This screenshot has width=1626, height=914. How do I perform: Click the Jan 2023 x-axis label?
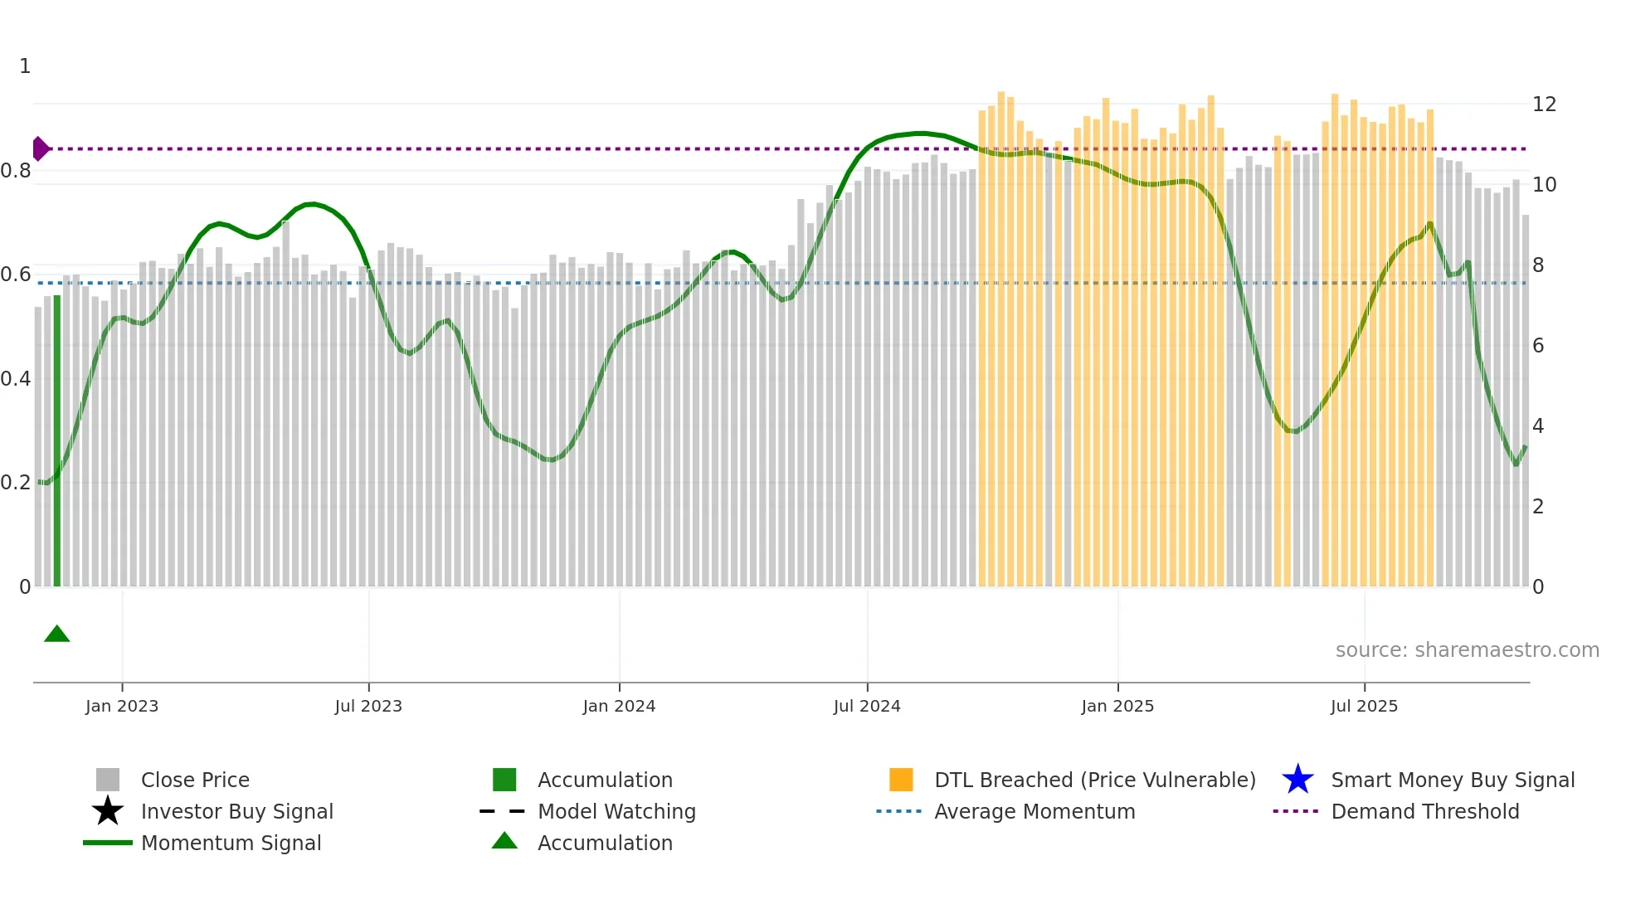click(x=121, y=706)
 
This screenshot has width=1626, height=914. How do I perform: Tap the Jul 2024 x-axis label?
click(x=867, y=706)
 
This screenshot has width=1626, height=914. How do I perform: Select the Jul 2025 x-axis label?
click(x=1364, y=706)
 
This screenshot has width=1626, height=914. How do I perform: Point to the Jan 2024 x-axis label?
click(x=619, y=706)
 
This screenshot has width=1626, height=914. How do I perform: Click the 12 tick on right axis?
click(x=1544, y=105)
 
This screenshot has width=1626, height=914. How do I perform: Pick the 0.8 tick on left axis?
click(x=16, y=171)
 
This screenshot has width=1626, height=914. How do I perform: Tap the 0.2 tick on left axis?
click(x=16, y=483)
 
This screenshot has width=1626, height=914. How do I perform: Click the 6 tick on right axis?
click(x=1538, y=346)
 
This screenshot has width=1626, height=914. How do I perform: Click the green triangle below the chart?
click(x=56, y=634)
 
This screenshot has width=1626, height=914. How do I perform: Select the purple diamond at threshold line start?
click(x=40, y=148)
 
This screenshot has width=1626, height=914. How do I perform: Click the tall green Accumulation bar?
click(x=57, y=440)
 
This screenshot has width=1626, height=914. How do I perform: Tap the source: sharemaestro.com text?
click(x=1467, y=650)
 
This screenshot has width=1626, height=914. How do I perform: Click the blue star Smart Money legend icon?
click(x=1297, y=780)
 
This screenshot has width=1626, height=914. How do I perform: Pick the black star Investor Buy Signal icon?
click(x=108, y=811)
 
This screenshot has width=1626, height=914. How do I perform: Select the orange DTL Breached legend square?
click(x=901, y=780)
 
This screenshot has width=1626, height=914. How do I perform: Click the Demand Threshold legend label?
click(x=1424, y=811)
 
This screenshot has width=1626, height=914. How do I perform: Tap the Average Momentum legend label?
click(x=1034, y=811)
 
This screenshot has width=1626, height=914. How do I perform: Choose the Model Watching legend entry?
click(x=616, y=811)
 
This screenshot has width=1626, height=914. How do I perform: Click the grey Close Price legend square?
click(x=108, y=780)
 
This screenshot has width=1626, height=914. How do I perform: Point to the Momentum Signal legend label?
click(x=231, y=843)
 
